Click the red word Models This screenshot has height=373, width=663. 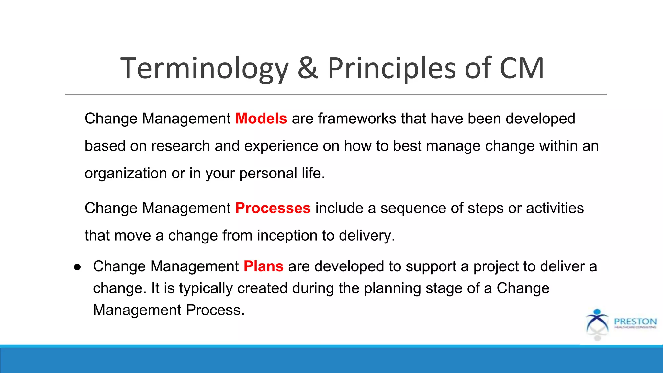(x=261, y=119)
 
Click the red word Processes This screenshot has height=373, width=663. (x=273, y=208)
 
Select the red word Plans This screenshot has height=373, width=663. (x=263, y=266)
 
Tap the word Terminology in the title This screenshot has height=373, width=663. (x=204, y=68)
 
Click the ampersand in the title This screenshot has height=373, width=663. (x=308, y=68)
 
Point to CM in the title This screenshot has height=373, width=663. (x=522, y=68)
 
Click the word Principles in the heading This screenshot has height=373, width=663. (x=394, y=68)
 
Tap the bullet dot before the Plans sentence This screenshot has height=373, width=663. (x=77, y=267)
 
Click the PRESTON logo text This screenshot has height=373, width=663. (x=635, y=322)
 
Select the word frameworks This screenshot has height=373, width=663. (x=357, y=119)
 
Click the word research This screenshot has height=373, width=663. (x=181, y=146)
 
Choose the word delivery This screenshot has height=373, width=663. (x=366, y=236)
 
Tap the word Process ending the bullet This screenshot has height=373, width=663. (x=215, y=310)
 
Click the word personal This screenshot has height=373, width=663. (x=268, y=174)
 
